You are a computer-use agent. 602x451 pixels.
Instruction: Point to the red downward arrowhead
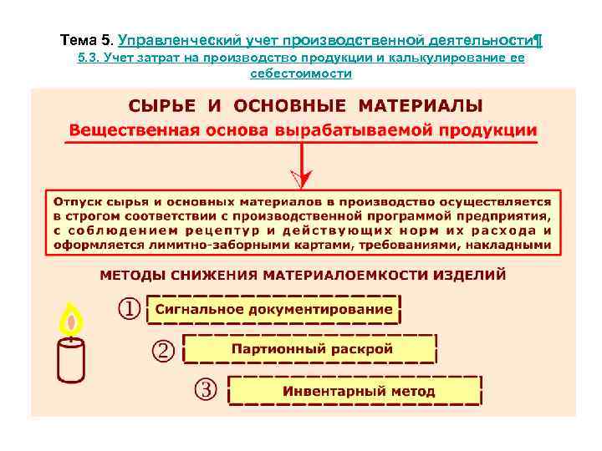coord(303,178)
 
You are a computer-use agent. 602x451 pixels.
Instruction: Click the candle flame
coord(72,319)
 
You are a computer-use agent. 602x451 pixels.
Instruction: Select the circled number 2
coord(163,350)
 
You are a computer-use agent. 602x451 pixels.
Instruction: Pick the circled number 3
coord(206,390)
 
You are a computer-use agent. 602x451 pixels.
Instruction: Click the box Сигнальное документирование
coord(273,309)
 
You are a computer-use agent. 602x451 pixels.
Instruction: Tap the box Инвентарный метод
coord(355,391)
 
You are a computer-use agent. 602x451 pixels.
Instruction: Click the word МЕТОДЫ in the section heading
coord(133,274)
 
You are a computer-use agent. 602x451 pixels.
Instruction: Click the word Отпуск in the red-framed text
coord(78,201)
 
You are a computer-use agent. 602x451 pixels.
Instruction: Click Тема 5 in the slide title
coord(87,39)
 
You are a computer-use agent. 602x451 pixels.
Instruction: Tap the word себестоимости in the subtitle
coord(301,73)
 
